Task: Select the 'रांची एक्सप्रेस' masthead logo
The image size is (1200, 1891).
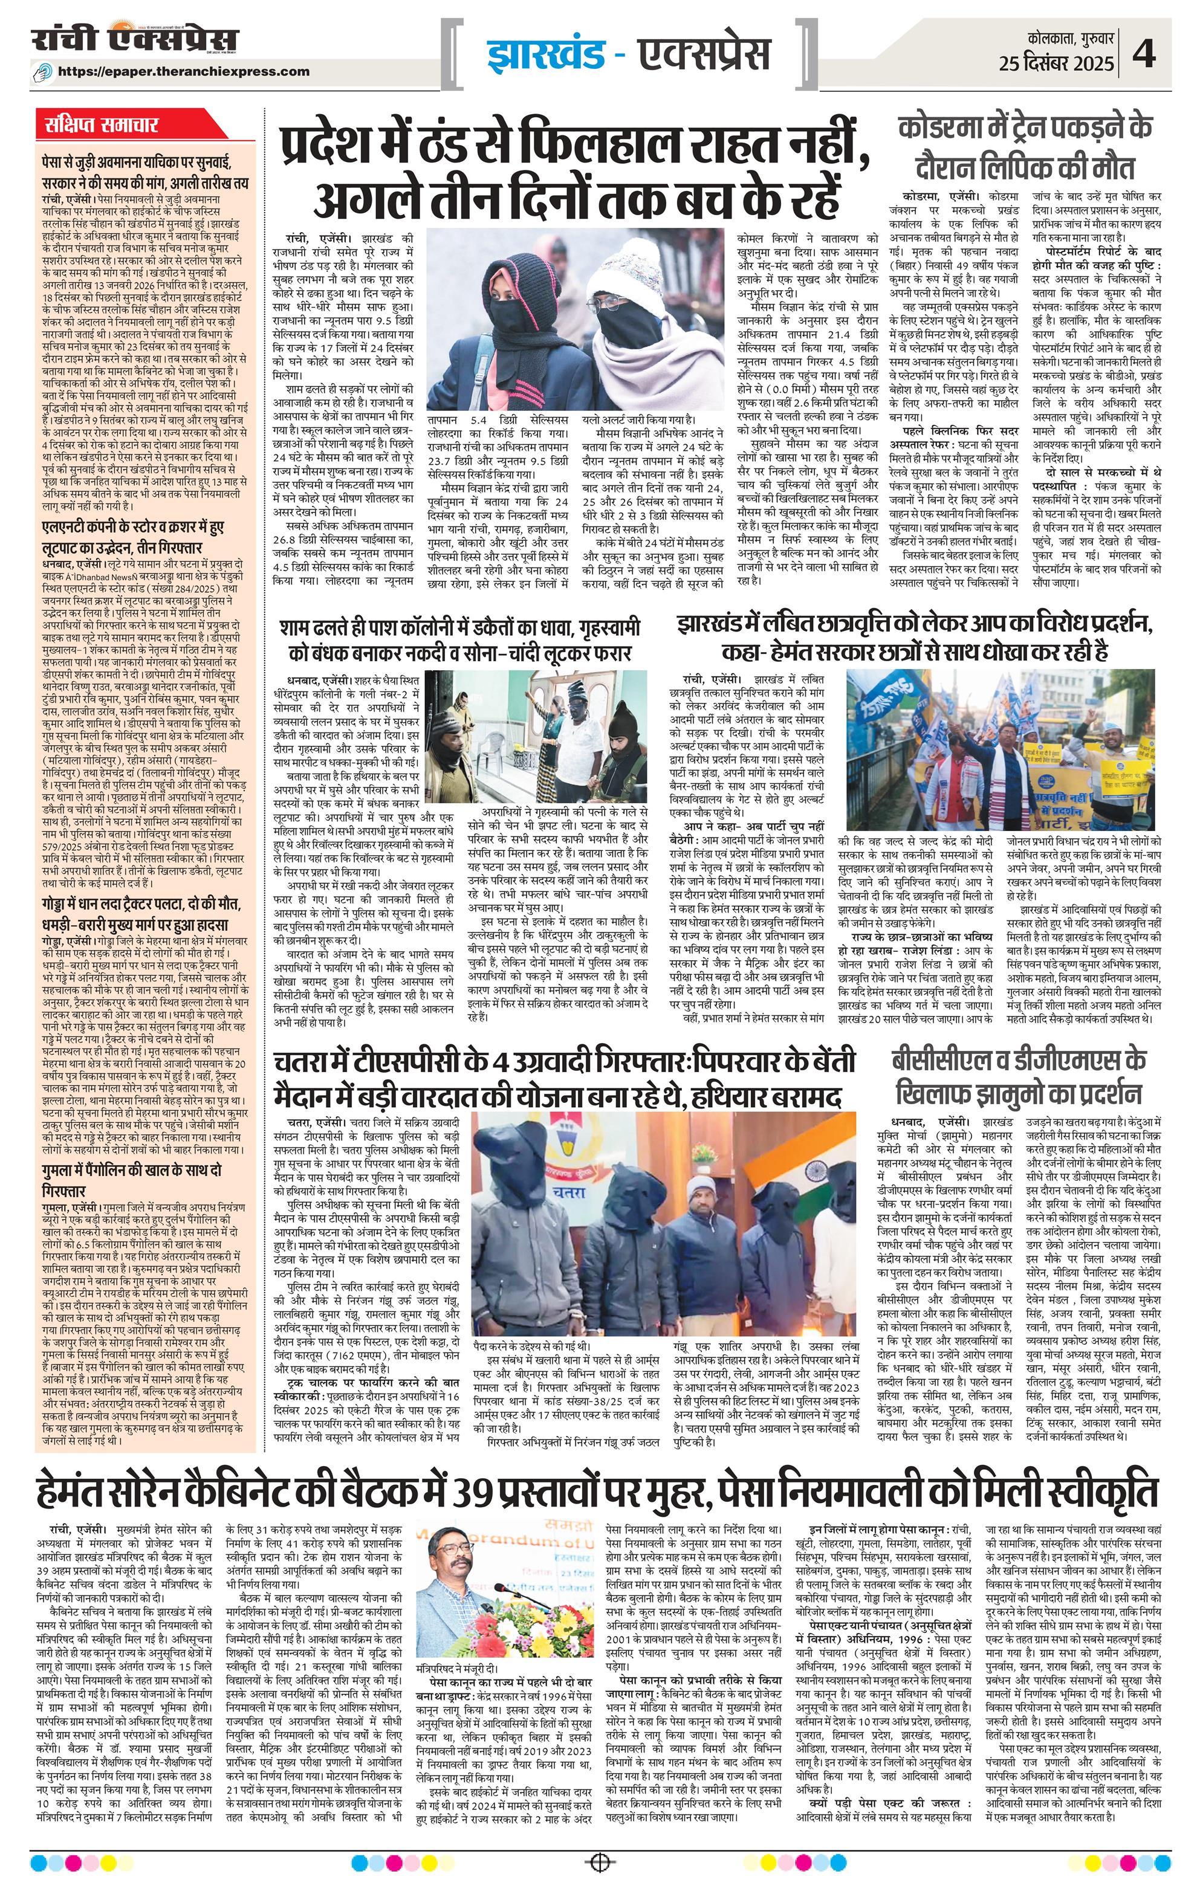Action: (x=134, y=42)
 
